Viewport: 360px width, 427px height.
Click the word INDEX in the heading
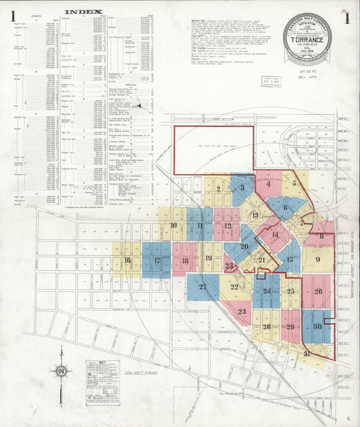(x=83, y=11)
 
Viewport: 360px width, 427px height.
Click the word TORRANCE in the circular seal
(x=307, y=40)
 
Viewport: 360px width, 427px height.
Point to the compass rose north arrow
(x=61, y=371)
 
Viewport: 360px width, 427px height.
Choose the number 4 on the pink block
(x=268, y=183)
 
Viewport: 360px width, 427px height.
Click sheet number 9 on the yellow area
(x=317, y=259)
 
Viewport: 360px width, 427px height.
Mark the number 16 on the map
(x=127, y=261)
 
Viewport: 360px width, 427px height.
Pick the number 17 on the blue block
(x=157, y=261)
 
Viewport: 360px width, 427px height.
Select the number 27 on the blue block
(x=203, y=287)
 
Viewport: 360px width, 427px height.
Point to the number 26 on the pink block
(x=318, y=292)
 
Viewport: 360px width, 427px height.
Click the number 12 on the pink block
(x=228, y=226)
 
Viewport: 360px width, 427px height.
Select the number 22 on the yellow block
(x=234, y=287)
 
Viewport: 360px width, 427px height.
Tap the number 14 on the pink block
(x=275, y=234)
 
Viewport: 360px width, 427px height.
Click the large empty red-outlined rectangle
(x=213, y=150)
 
